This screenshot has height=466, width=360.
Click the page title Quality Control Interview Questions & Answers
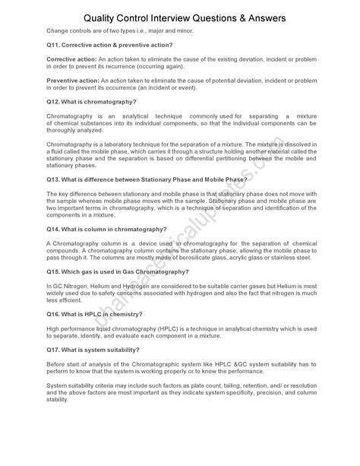[x=180, y=16]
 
